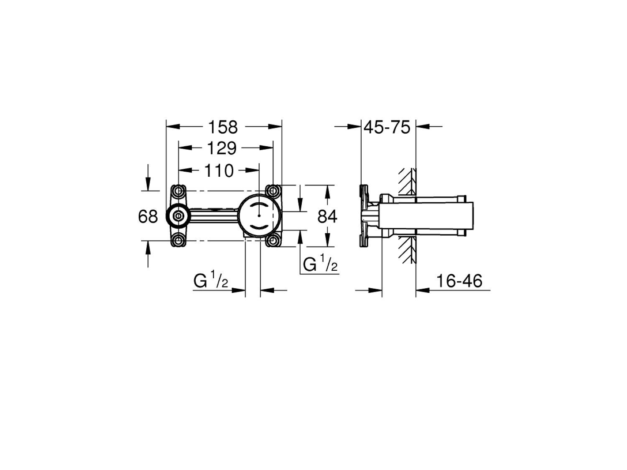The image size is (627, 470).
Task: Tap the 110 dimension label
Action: pyautogui.click(x=219, y=170)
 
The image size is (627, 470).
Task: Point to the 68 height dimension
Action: pyautogui.click(x=148, y=216)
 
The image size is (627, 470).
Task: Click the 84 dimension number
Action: pyautogui.click(x=327, y=216)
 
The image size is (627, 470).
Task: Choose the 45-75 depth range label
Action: pyautogui.click(x=387, y=127)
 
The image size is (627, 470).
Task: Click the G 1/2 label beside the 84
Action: pyautogui.click(x=320, y=265)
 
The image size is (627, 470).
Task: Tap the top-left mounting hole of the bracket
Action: pyautogui.click(x=179, y=191)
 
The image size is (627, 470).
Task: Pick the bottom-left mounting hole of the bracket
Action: pyautogui.click(x=179, y=240)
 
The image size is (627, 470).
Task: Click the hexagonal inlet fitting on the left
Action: pyautogui.click(x=178, y=216)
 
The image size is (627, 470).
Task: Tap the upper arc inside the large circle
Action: pyautogui.click(x=260, y=204)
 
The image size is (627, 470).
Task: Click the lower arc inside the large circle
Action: pyautogui.click(x=260, y=227)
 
